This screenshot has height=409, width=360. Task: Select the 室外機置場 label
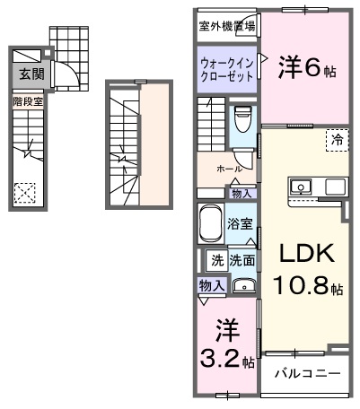click(x=226, y=25)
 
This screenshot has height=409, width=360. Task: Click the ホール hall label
click(x=228, y=169)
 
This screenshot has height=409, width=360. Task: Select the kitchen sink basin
click(x=300, y=187)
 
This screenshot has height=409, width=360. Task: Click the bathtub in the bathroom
click(x=209, y=224)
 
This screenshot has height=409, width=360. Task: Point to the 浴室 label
click(x=240, y=223)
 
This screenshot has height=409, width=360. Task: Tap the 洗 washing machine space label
click(x=216, y=261)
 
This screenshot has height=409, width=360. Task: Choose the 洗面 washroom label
click(x=241, y=261)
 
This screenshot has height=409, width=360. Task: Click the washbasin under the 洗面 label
click(x=242, y=286)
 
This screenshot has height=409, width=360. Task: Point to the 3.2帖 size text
click(x=224, y=360)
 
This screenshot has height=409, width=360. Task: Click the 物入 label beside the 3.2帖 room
click(x=212, y=284)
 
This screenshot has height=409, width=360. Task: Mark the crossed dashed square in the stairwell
click(x=25, y=191)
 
